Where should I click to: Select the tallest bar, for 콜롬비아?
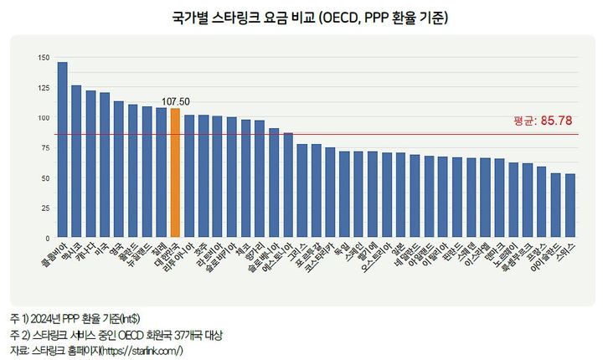tap(63, 151)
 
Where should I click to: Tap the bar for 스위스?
tap(570, 206)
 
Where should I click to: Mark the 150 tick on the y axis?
tap(44, 58)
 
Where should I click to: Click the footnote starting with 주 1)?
tap(75, 320)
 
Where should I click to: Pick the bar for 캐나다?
tap(90, 164)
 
